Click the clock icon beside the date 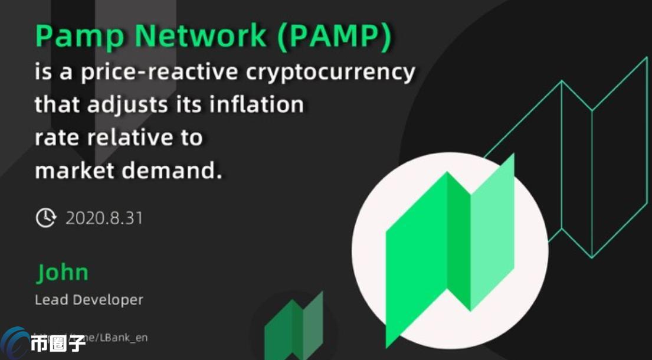coord(45,218)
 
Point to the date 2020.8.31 coord(104,218)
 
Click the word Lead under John coord(51,300)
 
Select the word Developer coord(107,300)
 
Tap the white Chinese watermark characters coord(58,344)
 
